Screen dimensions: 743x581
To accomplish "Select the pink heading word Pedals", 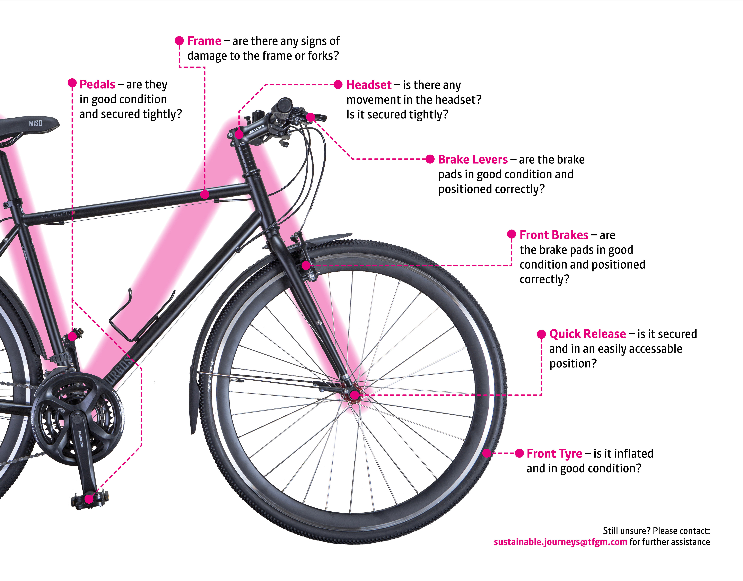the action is pos(97,84).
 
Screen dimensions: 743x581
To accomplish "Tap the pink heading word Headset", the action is pos(369,85).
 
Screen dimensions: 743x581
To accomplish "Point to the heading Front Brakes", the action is pos(554,235).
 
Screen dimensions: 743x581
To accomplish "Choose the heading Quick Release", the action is pos(587,334).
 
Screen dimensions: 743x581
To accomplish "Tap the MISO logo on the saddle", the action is pos(36,123).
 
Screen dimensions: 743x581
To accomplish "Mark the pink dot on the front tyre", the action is pos(487,453).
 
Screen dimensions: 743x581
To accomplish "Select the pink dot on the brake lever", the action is pos(310,117).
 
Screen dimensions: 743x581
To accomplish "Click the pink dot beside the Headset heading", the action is pos(338,85).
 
